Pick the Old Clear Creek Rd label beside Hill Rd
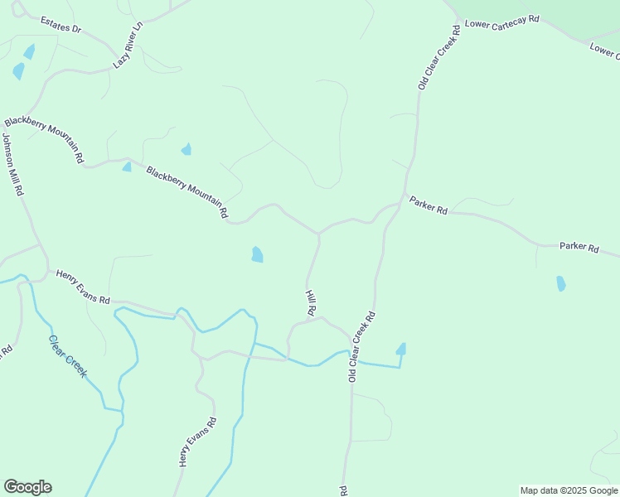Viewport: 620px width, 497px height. click(x=362, y=345)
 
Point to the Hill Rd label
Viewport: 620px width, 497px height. click(x=311, y=303)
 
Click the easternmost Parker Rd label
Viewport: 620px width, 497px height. click(x=579, y=246)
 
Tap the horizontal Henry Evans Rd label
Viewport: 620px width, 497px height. click(x=83, y=287)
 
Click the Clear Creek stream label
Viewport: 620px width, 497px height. click(x=67, y=356)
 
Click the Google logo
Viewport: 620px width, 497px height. click(x=27, y=487)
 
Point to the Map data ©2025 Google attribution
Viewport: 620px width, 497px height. click(x=569, y=490)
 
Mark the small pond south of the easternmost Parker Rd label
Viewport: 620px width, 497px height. click(x=561, y=283)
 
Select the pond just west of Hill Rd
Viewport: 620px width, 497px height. click(x=257, y=254)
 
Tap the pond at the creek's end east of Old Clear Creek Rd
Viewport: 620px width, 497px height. click(x=401, y=349)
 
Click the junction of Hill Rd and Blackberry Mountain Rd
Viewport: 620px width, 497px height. click(x=319, y=234)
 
